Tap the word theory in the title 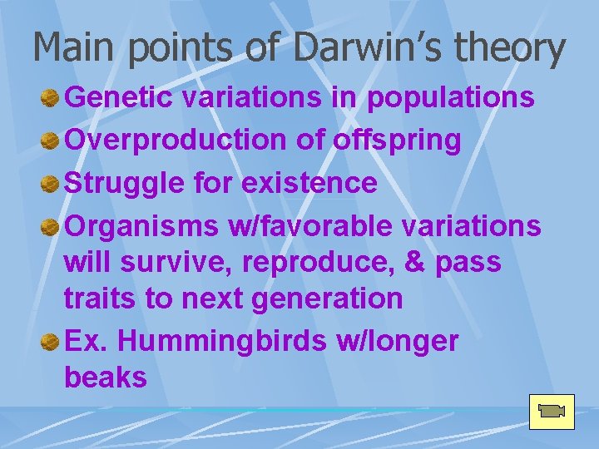pyautogui.click(x=509, y=50)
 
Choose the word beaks pyautogui.click(x=105, y=378)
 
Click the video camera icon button pyautogui.click(x=552, y=411)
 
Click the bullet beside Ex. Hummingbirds pyautogui.click(x=50, y=341)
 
